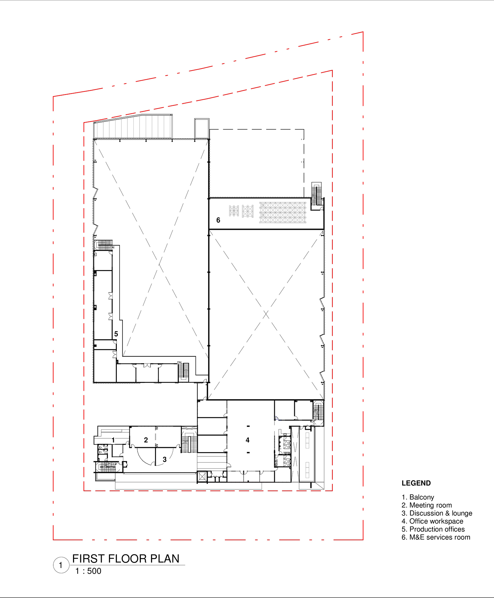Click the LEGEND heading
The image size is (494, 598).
(x=416, y=483)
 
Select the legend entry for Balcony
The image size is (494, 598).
(x=418, y=497)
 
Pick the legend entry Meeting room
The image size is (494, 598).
(x=427, y=505)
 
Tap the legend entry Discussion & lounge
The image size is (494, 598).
(x=437, y=513)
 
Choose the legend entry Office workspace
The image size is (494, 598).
(x=432, y=521)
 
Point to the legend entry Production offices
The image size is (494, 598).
(x=433, y=529)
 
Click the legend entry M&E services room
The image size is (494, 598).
(x=436, y=537)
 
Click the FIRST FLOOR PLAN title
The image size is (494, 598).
(x=126, y=558)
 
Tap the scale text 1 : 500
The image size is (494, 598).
(x=88, y=571)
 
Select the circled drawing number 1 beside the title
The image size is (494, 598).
(x=61, y=565)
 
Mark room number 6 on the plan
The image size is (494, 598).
(x=218, y=220)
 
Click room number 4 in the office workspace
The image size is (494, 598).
(x=247, y=440)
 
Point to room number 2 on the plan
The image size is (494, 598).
(x=146, y=440)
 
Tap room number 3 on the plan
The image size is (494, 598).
(x=165, y=459)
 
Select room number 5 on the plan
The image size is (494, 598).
(x=116, y=334)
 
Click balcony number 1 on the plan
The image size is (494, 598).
(x=113, y=440)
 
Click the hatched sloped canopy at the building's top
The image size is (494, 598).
(x=133, y=126)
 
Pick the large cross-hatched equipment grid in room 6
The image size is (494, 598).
(x=283, y=212)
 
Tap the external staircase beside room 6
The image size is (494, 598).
(x=317, y=194)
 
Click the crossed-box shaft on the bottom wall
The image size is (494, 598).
(x=202, y=476)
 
